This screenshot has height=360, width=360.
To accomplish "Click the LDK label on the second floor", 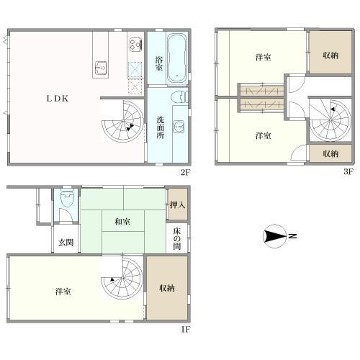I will click(x=58, y=99).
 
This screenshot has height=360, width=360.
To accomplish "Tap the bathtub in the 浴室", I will click(x=177, y=56).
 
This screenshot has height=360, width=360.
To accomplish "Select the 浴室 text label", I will click(x=159, y=64).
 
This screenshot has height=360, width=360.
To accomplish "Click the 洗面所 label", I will click(x=161, y=123).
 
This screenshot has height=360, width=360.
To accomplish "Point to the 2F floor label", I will click(x=185, y=172).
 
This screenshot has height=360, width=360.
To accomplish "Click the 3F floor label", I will click(x=348, y=172).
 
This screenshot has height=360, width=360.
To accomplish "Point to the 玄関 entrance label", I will click(x=66, y=243).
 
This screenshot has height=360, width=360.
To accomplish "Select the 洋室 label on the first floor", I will click(x=63, y=292).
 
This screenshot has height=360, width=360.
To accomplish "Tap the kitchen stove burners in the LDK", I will click(x=135, y=44).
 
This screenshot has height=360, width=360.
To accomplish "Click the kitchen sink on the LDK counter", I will click(x=99, y=69).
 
